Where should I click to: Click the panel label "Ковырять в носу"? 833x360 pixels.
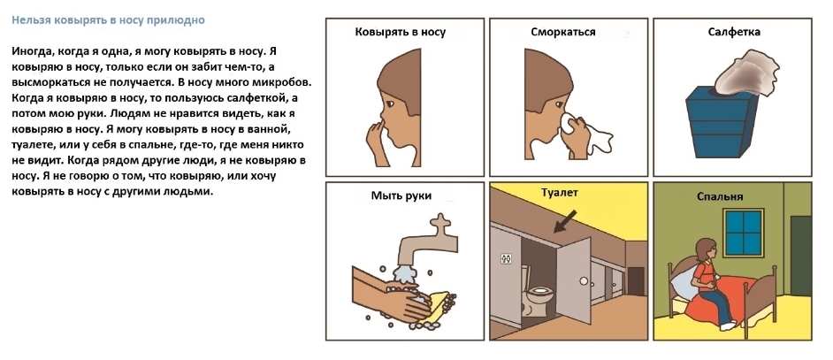tap(400, 32)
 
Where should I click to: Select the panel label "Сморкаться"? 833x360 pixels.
tap(563, 32)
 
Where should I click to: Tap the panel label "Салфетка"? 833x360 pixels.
tap(734, 32)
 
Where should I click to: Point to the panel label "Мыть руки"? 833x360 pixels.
tap(401, 195)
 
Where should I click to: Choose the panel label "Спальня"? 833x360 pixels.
tap(720, 196)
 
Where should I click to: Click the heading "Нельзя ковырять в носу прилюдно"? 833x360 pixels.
tap(109, 20)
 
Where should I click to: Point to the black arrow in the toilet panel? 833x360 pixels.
tap(565, 221)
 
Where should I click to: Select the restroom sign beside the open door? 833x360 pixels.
tap(506, 258)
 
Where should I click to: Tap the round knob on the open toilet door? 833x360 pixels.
tap(584, 280)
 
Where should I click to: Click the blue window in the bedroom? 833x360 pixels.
tap(743, 232)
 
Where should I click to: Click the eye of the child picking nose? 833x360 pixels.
tap(387, 102)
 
